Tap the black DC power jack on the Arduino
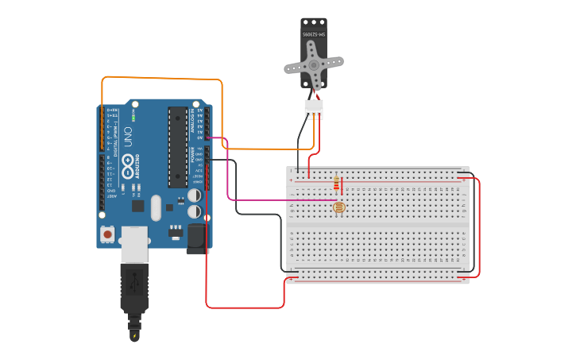[x=195, y=238]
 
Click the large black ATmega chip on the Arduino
[x=178, y=147]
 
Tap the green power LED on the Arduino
[x=133, y=118]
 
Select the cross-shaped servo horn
[x=314, y=65]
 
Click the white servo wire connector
[x=314, y=109]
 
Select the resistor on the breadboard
[x=337, y=184]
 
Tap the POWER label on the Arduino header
[x=191, y=154]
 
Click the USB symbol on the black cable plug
[x=134, y=282]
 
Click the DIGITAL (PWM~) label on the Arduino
[x=117, y=139]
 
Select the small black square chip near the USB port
[x=137, y=206]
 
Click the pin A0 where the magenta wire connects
[x=206, y=137]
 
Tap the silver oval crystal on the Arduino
[x=156, y=207]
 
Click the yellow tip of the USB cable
[x=134, y=335]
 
